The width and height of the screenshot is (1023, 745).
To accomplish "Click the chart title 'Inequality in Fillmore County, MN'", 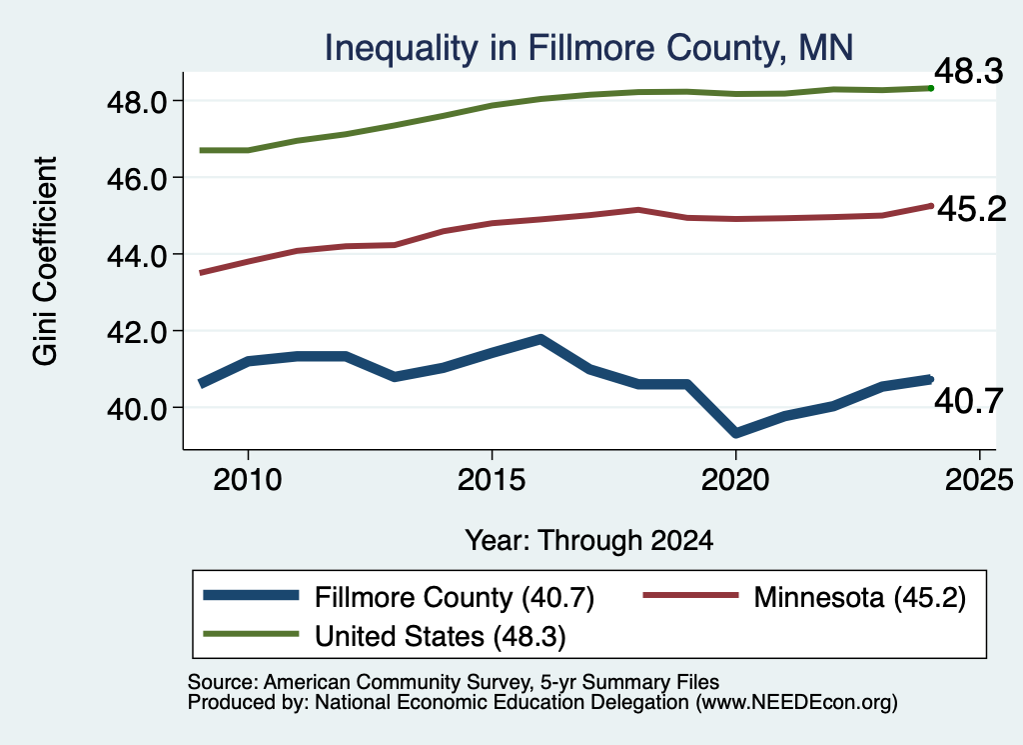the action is [x=588, y=48].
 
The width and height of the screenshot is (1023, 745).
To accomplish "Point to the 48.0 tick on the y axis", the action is [x=137, y=102].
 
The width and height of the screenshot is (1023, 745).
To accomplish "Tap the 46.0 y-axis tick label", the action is [x=137, y=178].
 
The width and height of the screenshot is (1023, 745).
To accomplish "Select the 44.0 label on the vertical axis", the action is [x=137, y=255].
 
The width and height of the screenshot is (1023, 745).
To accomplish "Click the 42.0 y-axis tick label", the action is [x=137, y=332].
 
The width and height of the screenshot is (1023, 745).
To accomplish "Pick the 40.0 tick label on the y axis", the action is [x=137, y=409].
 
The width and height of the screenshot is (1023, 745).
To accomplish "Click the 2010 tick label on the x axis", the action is [x=248, y=480].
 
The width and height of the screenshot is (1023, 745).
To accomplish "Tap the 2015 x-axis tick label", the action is [x=492, y=480].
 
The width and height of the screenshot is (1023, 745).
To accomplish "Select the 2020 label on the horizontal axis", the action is [x=735, y=480].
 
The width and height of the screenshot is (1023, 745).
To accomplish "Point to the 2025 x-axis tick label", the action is [x=979, y=480].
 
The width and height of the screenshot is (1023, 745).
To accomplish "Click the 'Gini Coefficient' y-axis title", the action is [x=45, y=261].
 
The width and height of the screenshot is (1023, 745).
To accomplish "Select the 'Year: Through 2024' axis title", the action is [x=589, y=541].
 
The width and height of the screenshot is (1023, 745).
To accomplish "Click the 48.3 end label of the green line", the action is [x=969, y=71].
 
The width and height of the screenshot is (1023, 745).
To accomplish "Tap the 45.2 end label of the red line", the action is [x=972, y=209].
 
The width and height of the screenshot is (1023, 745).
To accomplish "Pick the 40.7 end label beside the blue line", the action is [x=969, y=400].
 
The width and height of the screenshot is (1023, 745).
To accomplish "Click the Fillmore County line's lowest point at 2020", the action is [x=736, y=433].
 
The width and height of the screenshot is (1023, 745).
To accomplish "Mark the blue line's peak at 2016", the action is [x=540, y=339].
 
